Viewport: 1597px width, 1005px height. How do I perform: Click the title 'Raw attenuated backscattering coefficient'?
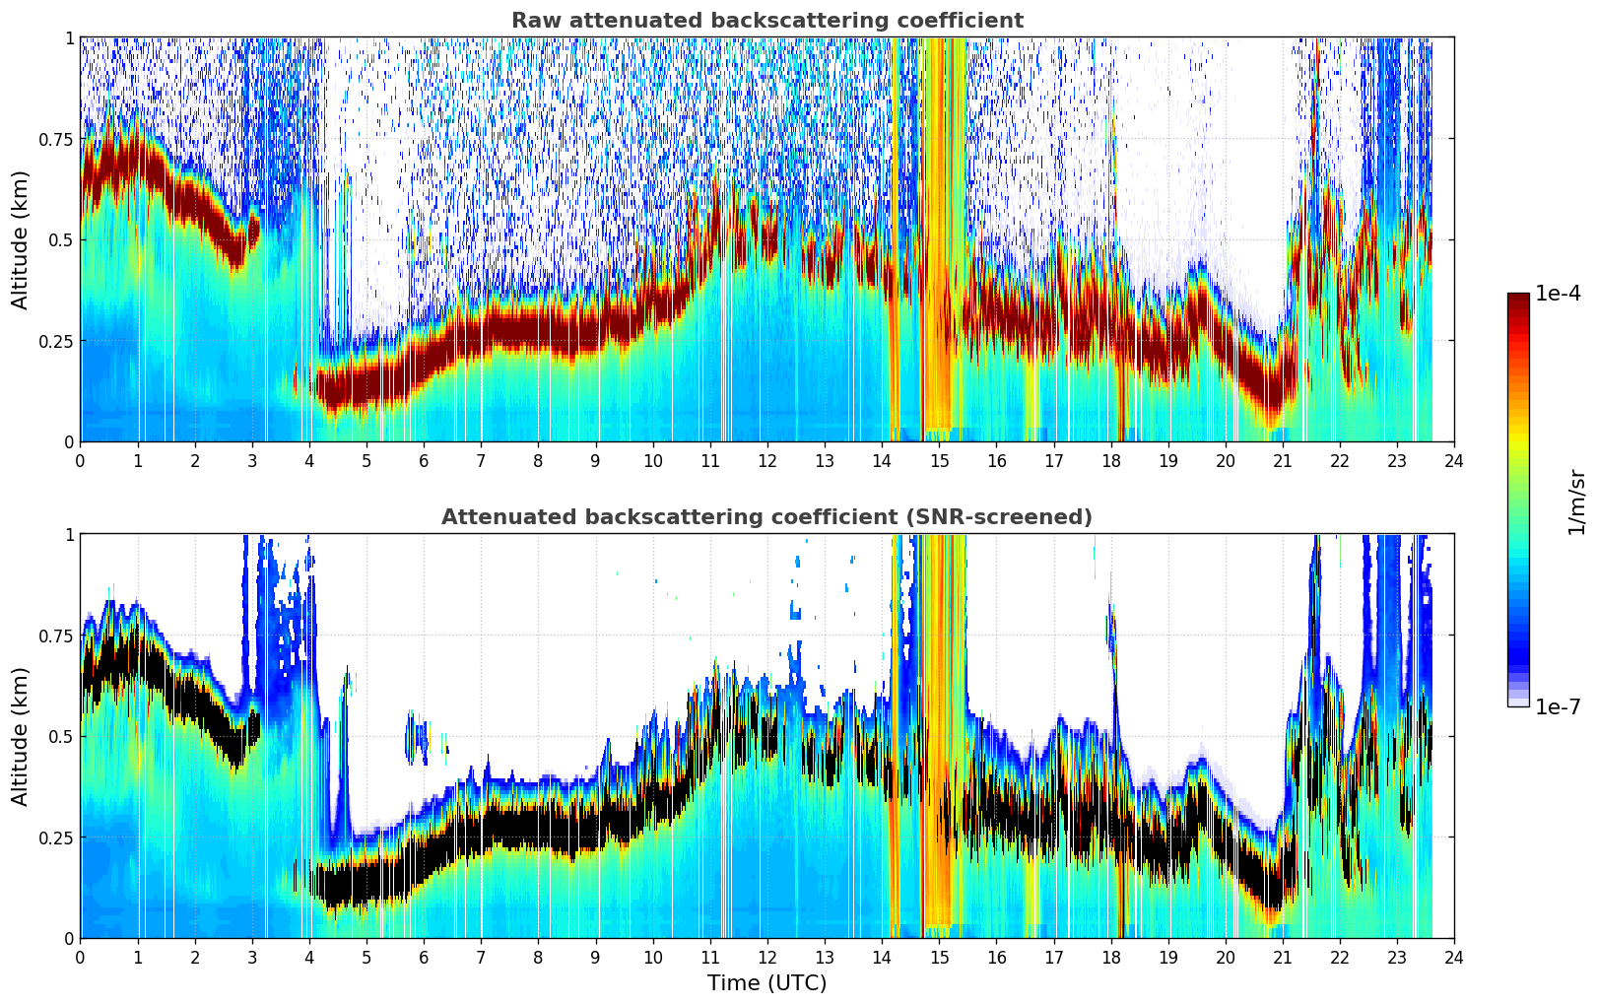767,20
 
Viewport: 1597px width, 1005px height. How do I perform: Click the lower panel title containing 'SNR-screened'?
767,516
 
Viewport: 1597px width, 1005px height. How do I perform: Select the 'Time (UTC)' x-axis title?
767,983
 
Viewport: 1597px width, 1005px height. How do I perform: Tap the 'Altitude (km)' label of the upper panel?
20,240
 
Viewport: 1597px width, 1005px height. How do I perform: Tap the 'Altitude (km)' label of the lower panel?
20,736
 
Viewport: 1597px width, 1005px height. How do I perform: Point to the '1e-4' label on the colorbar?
1559,293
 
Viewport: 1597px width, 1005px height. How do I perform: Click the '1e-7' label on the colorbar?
1559,707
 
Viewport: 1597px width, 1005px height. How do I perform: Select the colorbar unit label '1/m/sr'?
1576,502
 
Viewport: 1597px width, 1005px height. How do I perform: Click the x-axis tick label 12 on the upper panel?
767,461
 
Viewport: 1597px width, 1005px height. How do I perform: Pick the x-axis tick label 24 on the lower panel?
1454,958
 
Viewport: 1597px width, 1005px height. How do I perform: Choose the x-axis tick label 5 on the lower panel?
366,958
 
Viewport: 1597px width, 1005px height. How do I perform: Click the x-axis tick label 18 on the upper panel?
1110,461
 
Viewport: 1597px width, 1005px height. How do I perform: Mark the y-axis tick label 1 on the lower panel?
69,535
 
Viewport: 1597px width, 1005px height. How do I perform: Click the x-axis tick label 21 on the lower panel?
1283,958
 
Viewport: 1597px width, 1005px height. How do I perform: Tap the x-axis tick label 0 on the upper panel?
80,461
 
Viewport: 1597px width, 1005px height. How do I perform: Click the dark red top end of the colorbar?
1518,296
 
